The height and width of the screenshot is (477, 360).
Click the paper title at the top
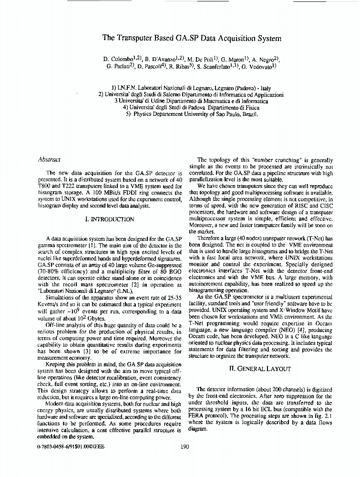pos(192,38)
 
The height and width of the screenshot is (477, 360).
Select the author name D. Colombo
pos(118,59)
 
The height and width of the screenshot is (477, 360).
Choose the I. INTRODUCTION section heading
pos(109,219)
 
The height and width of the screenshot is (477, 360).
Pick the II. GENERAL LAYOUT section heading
pos(261,369)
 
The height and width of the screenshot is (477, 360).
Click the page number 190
pos(185,447)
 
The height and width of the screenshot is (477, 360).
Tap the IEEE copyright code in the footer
pos(70,447)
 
